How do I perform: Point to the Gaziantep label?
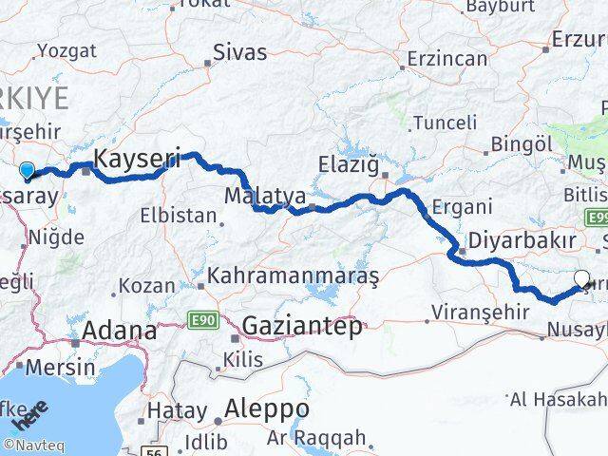tap(302, 326)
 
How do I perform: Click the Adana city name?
tap(121, 331)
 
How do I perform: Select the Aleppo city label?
tap(262, 408)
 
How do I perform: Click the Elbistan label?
tap(179, 215)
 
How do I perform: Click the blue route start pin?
tap(27, 171)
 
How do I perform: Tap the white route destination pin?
tap(583, 278)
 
